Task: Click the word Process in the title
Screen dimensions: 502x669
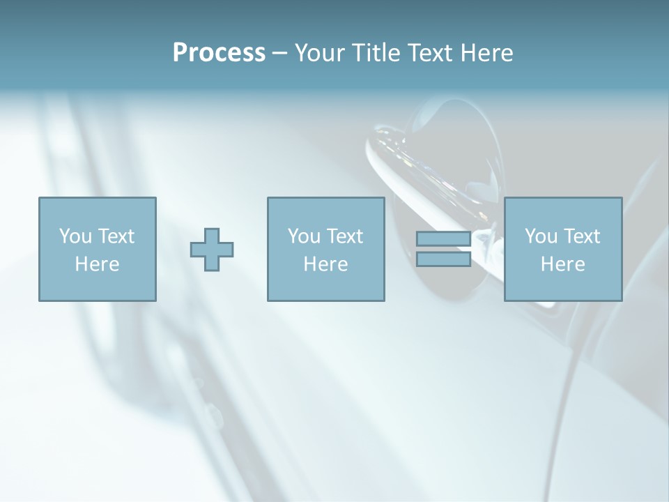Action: click(x=219, y=53)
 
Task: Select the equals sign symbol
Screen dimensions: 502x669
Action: click(x=443, y=249)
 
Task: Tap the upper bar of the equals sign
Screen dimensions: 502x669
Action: click(x=443, y=239)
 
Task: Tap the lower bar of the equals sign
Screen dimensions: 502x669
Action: click(x=443, y=259)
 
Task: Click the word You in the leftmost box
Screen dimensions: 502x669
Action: click(x=75, y=236)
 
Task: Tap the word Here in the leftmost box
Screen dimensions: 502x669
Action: click(x=97, y=264)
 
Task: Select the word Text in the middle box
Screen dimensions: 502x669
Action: click(x=345, y=236)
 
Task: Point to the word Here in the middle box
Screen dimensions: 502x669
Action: click(x=325, y=264)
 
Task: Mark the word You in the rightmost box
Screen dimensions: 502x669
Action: click(x=540, y=236)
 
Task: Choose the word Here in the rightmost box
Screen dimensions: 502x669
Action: click(x=562, y=264)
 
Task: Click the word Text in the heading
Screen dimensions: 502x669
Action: click(x=431, y=53)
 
